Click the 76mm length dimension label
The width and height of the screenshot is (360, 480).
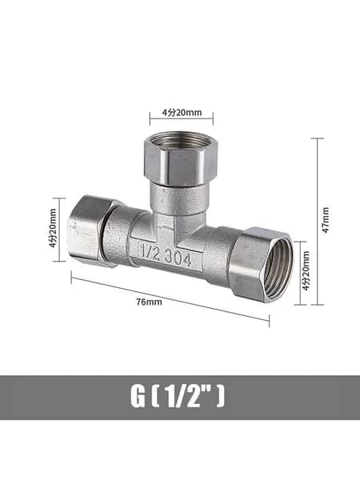(150, 302)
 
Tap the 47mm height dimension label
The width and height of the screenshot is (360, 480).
(326, 220)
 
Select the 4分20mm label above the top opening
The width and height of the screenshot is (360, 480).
(182, 113)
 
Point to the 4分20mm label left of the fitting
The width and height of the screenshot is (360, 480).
(53, 228)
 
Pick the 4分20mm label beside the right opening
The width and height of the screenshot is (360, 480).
(306, 271)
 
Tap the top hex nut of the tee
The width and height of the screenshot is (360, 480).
(181, 159)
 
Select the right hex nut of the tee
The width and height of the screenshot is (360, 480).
(262, 264)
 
